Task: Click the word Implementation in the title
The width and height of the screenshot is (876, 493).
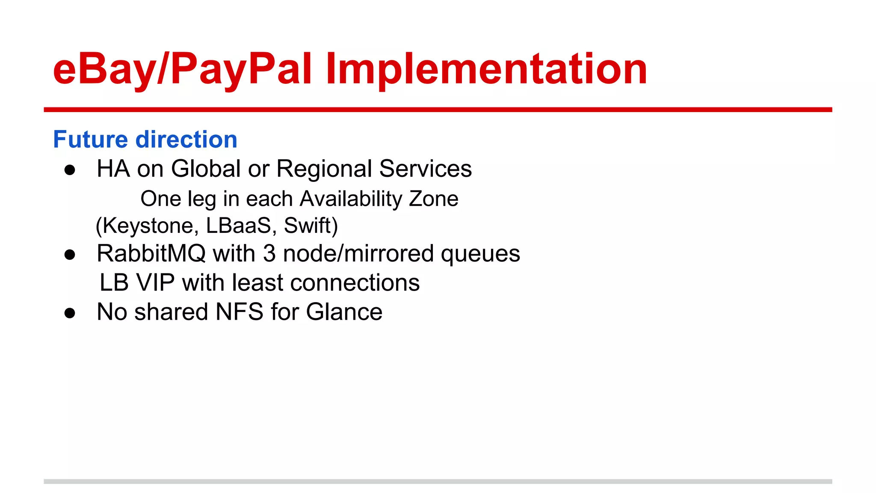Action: pyautogui.click(x=486, y=68)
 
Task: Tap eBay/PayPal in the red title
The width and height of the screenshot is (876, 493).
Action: pyautogui.click(x=182, y=68)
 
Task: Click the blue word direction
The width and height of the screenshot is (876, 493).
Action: pyautogui.click(x=186, y=140)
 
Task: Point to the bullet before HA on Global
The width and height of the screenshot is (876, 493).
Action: pyautogui.click(x=70, y=170)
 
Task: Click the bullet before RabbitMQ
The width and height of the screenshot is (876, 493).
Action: pyautogui.click(x=70, y=255)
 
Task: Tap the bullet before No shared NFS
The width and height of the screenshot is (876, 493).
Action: pyautogui.click(x=70, y=313)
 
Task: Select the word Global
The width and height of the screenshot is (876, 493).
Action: pyautogui.click(x=206, y=168)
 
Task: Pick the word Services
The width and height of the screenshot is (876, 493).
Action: pyautogui.click(x=425, y=168)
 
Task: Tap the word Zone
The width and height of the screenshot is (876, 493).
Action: pyautogui.click(x=434, y=199)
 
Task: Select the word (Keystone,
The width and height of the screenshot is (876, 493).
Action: pyautogui.click(x=147, y=226)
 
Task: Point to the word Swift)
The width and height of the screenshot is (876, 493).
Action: pyautogui.click(x=311, y=226)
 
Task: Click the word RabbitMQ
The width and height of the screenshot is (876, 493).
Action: pyautogui.click(x=151, y=253)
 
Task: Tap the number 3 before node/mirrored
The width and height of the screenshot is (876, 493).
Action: pyautogui.click(x=269, y=253)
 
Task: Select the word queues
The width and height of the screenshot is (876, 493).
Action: pyautogui.click(x=480, y=253)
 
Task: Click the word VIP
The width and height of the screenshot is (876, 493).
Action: pyautogui.click(x=155, y=282)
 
